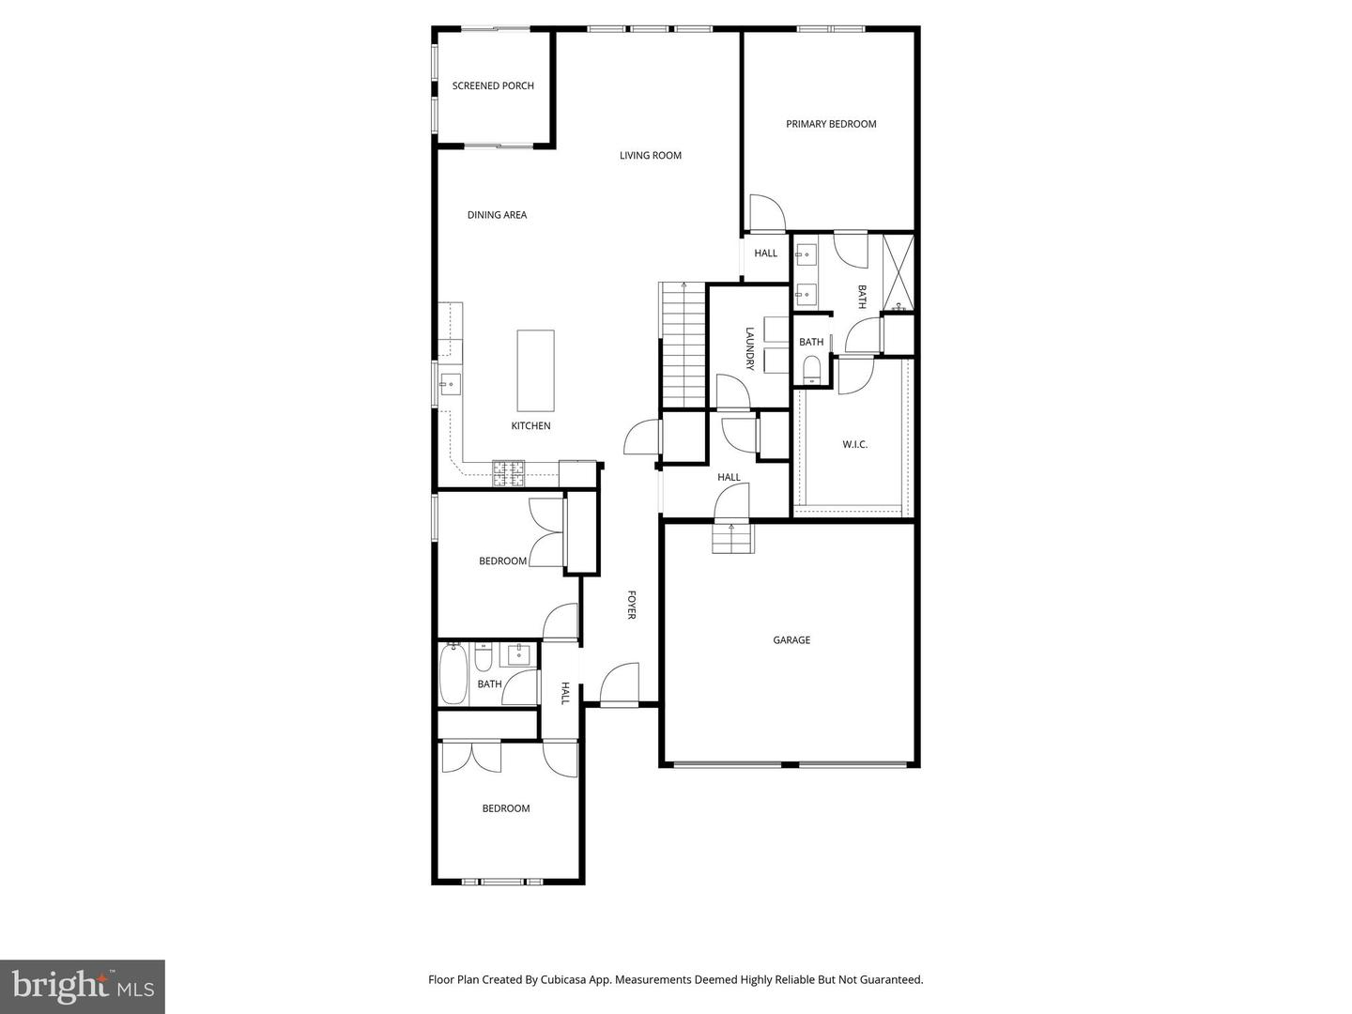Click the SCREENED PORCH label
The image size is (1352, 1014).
coord(493,85)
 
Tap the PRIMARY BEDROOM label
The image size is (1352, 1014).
coord(831,124)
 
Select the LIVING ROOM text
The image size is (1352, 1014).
coord(650,156)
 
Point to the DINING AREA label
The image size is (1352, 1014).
coord(497,215)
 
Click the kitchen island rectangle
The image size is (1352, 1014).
coord(535,370)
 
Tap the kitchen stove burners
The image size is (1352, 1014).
coord(510,473)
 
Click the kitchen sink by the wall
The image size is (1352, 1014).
coord(450,384)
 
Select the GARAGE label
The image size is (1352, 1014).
coord(791,640)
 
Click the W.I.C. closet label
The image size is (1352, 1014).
coord(854,444)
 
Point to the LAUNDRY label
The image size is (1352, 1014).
coord(750,348)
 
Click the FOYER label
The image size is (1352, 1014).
coord(632,605)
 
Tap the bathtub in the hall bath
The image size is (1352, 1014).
coord(453,673)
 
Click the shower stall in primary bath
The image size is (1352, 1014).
coord(899,272)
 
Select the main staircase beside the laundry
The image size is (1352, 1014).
coord(683,346)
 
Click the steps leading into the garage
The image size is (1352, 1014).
coord(732,539)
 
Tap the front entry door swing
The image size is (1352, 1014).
coord(620,684)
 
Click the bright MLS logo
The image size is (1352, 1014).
coord(83,986)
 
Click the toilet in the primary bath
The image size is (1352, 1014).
coord(811,370)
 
